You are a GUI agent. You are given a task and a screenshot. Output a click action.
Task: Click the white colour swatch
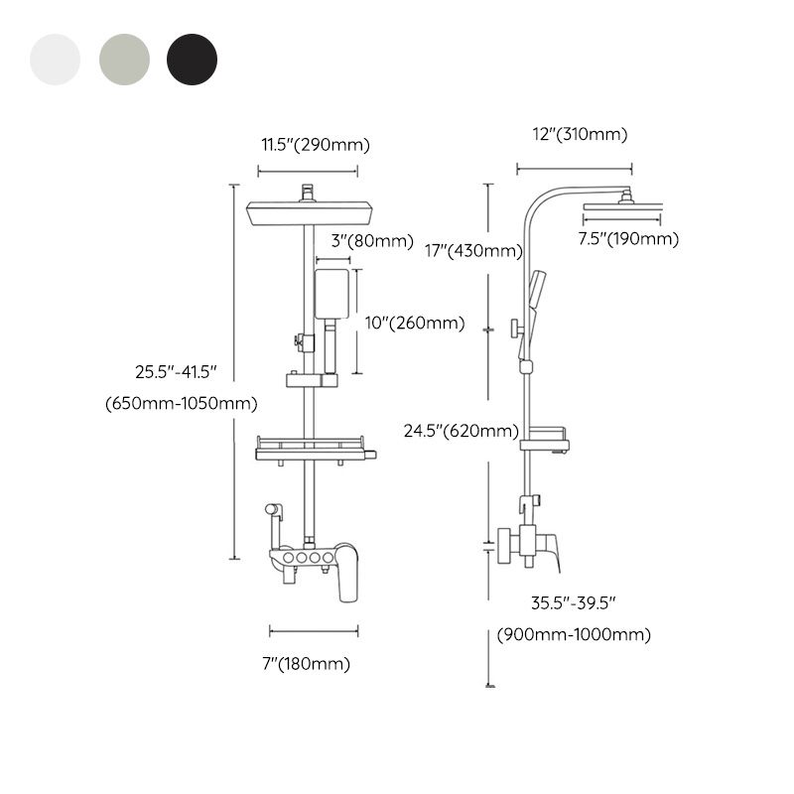(55, 60)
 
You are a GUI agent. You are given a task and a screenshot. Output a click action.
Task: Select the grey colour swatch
(123, 60)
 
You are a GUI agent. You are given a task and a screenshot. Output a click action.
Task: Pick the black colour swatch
(192, 60)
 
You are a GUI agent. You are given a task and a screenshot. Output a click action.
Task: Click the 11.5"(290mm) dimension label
(315, 145)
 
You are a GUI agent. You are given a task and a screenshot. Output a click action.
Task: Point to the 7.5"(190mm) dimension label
(628, 238)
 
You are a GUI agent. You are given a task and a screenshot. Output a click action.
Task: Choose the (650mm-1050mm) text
(181, 404)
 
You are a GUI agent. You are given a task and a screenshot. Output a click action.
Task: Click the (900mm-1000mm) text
(574, 635)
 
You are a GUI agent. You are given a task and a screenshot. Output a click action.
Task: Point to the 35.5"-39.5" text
(575, 602)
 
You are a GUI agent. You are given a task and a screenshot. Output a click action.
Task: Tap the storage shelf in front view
(316, 449)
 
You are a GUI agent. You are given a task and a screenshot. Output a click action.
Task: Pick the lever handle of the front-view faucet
(346, 576)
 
